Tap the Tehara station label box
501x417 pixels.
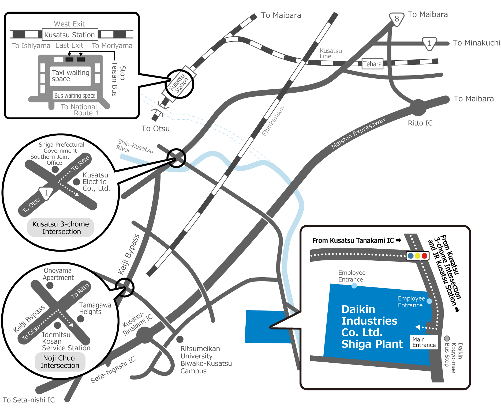tap(372, 64)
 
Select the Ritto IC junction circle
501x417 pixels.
tap(418, 108)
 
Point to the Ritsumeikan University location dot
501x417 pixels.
tap(180, 339)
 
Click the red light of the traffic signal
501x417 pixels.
tap(424, 256)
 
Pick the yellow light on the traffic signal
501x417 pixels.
tap(417, 256)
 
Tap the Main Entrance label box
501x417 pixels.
tap(424, 342)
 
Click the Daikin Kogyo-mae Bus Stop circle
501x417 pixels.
tap(447, 338)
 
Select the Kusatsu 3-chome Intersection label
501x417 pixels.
tap(61, 228)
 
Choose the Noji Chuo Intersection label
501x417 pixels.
tap(60, 362)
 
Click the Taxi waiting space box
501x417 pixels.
tap(70, 76)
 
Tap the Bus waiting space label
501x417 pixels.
tap(75, 96)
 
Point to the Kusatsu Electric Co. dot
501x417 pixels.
tap(77, 182)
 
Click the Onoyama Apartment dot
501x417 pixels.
tap(50, 285)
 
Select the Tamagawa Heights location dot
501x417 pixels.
tap(80, 319)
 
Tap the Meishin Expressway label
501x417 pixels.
tap(358, 133)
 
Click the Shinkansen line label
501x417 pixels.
tap(273, 121)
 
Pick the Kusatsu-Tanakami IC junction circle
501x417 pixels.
tap(145, 335)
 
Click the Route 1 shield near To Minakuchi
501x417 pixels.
tap(429, 43)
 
